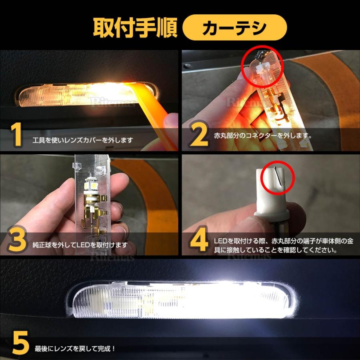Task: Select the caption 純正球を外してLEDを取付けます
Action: point(80,244)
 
